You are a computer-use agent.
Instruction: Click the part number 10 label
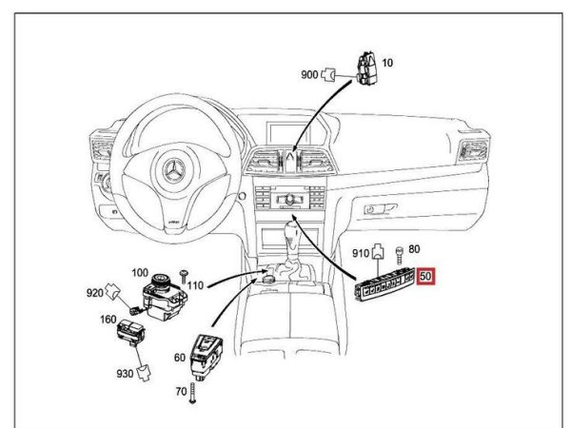click(x=387, y=62)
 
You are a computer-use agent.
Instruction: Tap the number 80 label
click(x=414, y=250)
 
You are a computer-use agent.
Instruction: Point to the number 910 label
click(x=362, y=254)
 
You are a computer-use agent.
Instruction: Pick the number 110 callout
click(x=195, y=284)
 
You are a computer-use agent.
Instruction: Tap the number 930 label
click(x=125, y=374)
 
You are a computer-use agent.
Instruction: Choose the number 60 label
click(x=180, y=359)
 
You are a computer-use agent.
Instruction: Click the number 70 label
click(x=180, y=390)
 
